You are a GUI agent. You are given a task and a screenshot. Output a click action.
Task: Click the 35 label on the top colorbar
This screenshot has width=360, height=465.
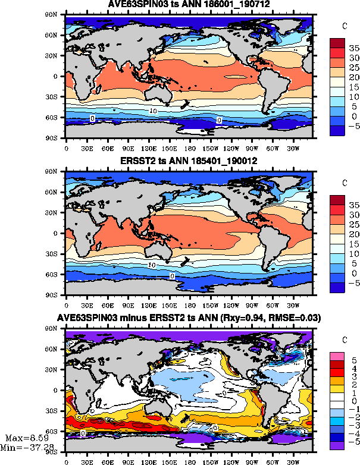click(353, 46)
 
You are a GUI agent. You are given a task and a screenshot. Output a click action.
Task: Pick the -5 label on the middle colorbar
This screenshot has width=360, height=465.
click(353, 284)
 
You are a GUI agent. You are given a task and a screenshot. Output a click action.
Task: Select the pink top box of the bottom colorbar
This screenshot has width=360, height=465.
click(337, 355)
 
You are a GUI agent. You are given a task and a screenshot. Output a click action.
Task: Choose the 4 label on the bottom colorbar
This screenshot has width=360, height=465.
click(352, 369)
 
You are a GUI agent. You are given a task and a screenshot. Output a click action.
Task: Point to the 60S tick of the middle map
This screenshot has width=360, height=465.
click(58, 275)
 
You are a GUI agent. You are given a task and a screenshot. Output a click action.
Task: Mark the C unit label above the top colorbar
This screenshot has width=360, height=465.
click(345, 25)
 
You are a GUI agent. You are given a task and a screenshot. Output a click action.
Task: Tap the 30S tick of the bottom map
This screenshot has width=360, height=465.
click(58, 411)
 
